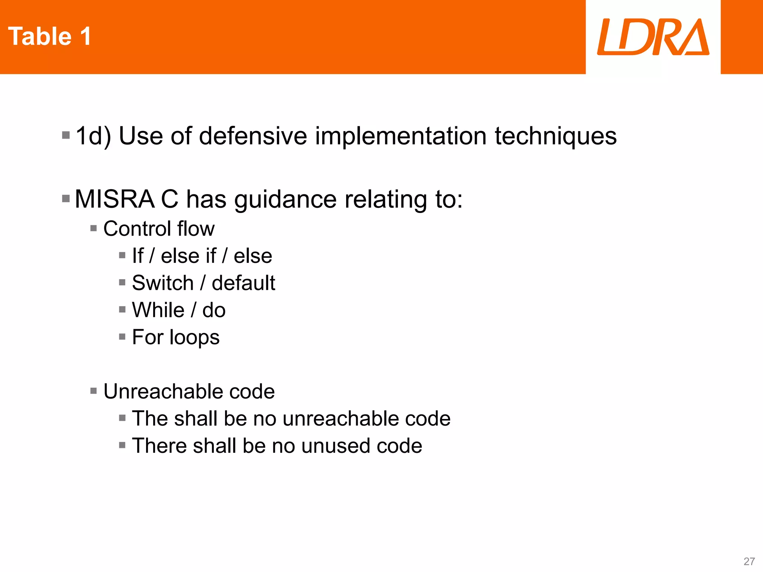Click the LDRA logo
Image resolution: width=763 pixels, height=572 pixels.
tap(653, 37)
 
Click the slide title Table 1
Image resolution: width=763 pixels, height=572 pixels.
tap(50, 36)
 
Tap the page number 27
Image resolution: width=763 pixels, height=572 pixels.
tap(749, 561)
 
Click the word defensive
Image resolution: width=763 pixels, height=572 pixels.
tap(253, 136)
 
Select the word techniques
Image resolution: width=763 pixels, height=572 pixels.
tap(555, 136)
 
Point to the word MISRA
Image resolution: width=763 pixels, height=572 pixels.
tap(114, 199)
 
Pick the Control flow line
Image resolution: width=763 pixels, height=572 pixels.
tap(159, 228)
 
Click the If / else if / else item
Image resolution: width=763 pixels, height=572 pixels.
tap(202, 256)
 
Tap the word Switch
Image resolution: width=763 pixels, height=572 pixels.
tap(163, 283)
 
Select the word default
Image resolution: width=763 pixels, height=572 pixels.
tap(243, 283)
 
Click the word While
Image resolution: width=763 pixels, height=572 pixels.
tap(158, 310)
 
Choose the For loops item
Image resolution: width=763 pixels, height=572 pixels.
tap(176, 337)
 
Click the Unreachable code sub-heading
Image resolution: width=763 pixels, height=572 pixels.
tap(189, 391)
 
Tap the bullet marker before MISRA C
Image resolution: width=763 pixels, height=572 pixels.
tap(66, 198)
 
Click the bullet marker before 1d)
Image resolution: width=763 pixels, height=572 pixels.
tap(66, 135)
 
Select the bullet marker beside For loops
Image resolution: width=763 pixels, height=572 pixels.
tap(122, 337)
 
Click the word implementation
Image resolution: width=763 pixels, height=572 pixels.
tap(401, 136)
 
